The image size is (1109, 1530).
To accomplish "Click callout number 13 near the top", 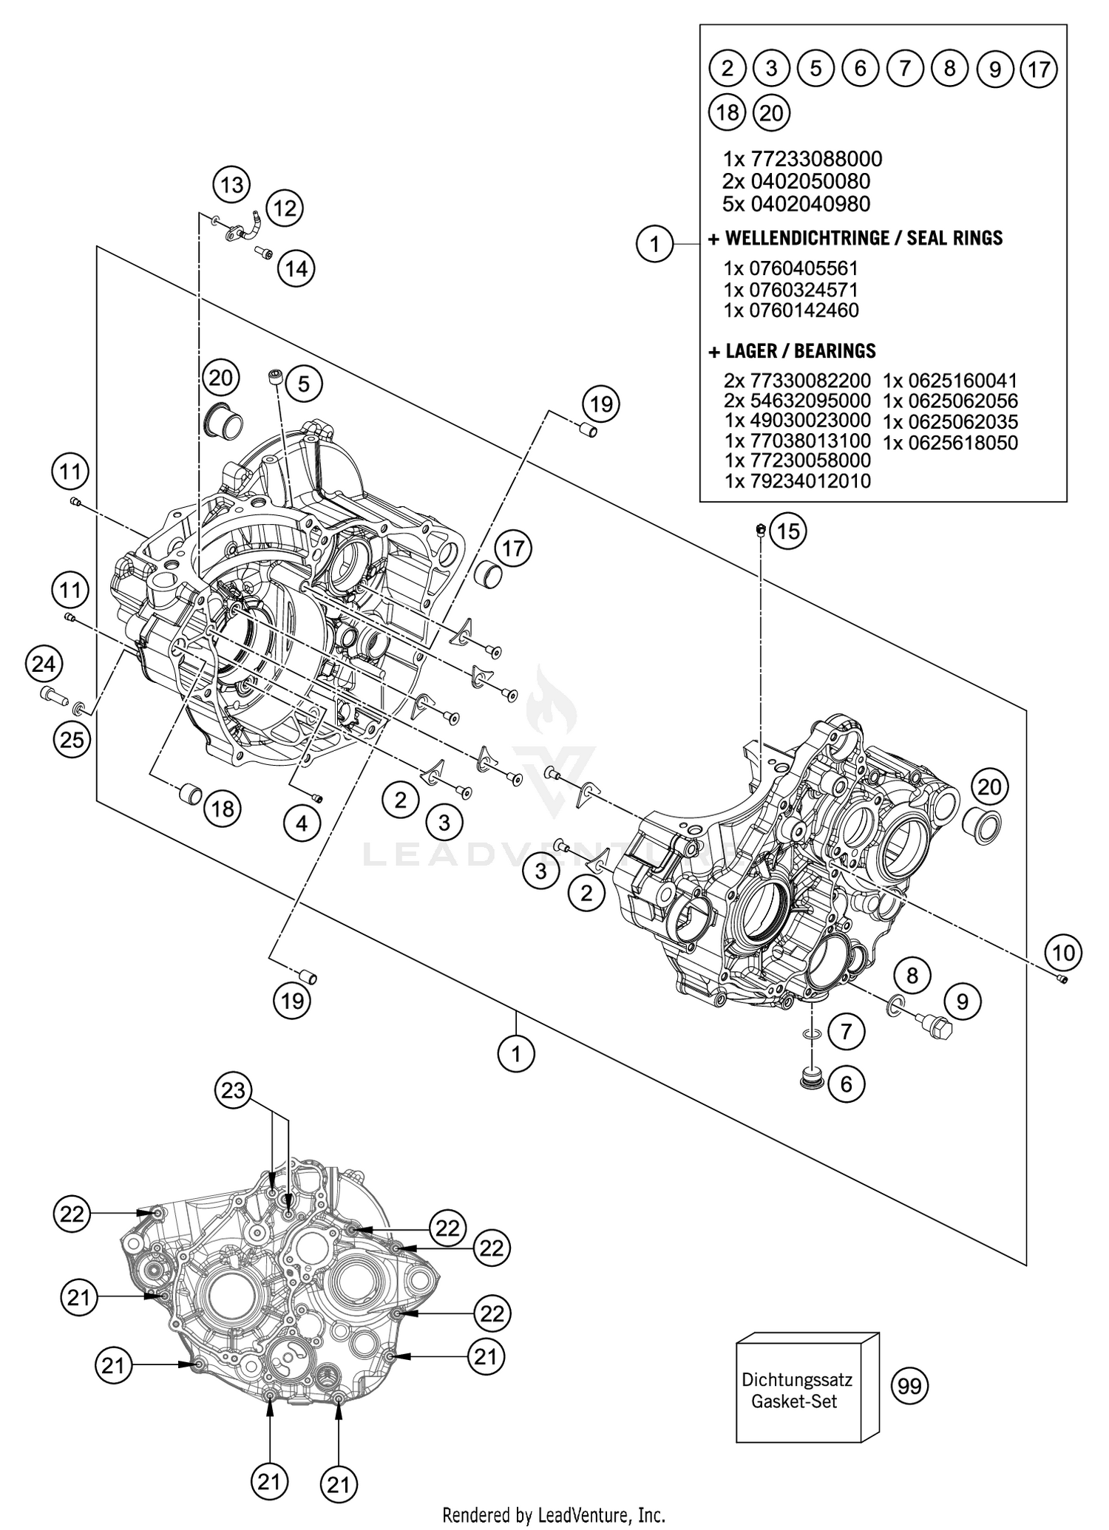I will pos(232,185).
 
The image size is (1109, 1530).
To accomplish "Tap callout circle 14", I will pos(296,268).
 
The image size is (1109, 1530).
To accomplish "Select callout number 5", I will pos(304,384).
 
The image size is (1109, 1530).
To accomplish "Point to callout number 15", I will pos(788,531).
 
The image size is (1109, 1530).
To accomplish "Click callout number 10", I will pos(1063,953).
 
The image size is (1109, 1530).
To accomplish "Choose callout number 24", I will pos(44,664).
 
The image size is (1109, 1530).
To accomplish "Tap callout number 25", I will pos(72,738).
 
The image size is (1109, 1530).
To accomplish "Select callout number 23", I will pos(233,1090).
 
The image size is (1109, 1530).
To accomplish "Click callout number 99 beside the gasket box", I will pos(909,1386).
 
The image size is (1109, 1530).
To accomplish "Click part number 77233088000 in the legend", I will pos(816,159).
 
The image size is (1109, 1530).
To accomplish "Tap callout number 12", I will pos(285,208).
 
